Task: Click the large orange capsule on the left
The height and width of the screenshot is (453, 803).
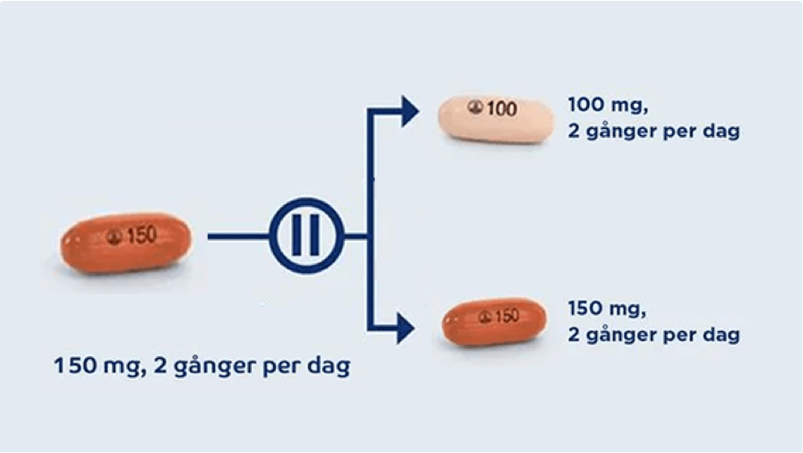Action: pos(125,242)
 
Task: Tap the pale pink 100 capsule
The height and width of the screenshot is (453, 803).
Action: pos(494,118)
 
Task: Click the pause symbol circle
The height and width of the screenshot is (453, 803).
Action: pos(306,236)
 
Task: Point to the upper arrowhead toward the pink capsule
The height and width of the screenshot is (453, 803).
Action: pos(409,111)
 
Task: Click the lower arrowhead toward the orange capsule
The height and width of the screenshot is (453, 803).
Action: pos(405,329)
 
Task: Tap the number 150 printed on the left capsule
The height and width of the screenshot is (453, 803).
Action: pos(141,235)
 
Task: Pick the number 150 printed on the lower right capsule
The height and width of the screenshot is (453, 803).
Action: pos(507,316)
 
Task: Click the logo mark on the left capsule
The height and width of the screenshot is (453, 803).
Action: pos(113,236)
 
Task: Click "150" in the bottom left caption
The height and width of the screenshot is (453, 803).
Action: pos(72,366)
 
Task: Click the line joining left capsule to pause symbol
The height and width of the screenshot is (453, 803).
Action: pos(238,236)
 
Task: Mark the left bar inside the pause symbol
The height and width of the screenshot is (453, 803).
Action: pos(297,236)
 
